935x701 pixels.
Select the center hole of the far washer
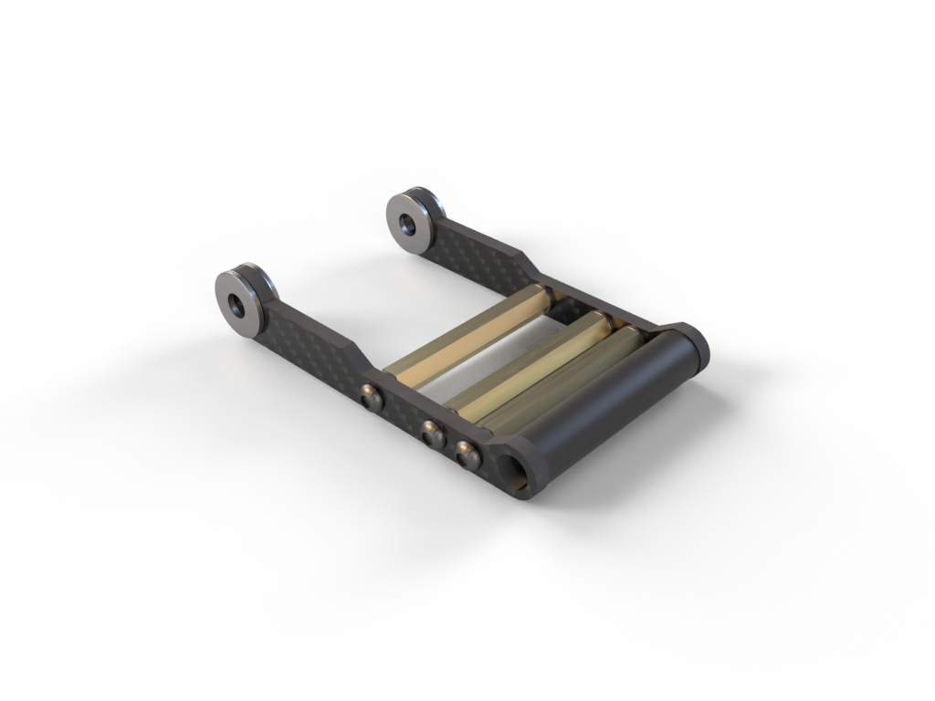pyautogui.click(x=404, y=221)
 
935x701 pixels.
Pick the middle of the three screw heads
pyautogui.click(x=434, y=432)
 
